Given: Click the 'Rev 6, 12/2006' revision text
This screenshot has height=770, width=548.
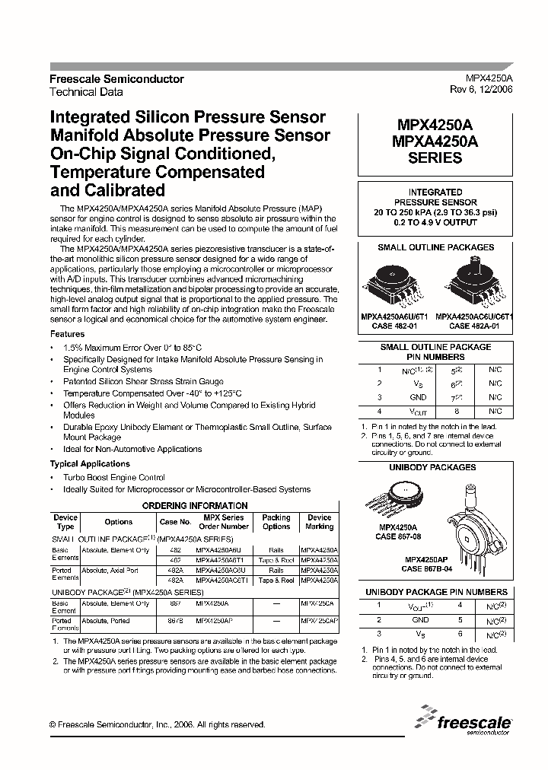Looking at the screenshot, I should coord(480,89).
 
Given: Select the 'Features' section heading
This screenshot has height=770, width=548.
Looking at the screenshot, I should coord(68,334).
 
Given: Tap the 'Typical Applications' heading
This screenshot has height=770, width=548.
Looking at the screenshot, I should coord(90,463).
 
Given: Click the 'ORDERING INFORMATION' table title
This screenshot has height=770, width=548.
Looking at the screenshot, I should coord(196,505).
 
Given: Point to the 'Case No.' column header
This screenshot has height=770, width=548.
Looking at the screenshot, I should coord(175,522).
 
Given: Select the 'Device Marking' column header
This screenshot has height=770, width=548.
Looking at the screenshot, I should coord(319,522).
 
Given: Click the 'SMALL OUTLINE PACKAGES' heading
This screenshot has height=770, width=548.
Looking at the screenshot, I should coord(435,248).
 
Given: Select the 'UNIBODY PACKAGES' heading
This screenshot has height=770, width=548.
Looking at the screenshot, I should coord(432,467).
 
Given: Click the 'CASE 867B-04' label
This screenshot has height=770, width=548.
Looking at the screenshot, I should coord(430,568).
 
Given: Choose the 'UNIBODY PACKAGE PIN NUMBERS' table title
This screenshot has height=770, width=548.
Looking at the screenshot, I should coord(436,592).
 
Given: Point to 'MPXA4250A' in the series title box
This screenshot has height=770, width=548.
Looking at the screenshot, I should coord(435,141).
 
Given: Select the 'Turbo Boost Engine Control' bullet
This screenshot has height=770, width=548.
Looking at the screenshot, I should coord(114,477).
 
